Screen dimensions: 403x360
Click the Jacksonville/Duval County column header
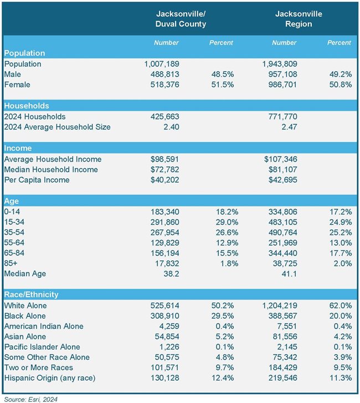click(181, 19)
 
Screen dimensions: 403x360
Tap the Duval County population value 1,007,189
click(161, 64)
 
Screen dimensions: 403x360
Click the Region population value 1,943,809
click(281, 64)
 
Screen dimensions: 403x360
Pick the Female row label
click(17, 85)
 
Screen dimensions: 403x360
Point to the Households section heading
click(27, 106)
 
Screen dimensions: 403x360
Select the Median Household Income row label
click(50, 169)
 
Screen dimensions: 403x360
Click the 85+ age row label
click(11, 263)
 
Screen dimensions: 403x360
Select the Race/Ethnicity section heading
click(31, 294)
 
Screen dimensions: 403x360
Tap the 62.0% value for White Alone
click(341, 305)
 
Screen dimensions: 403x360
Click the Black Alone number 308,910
click(163, 316)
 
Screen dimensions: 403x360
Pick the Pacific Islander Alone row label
click(43, 347)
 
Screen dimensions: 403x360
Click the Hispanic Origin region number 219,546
click(284, 378)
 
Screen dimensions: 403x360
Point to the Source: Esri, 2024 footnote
click(30, 399)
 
